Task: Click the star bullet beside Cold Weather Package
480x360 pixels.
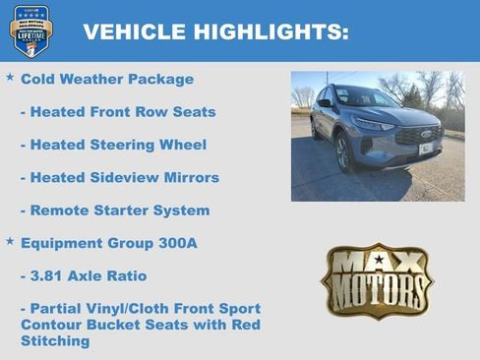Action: pos(10,77)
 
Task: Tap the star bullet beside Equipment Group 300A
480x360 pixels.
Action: pos(10,240)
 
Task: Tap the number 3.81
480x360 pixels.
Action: pos(51,275)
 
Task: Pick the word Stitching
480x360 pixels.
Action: pos(55,341)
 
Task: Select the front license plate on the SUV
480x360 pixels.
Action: pos(426,149)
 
